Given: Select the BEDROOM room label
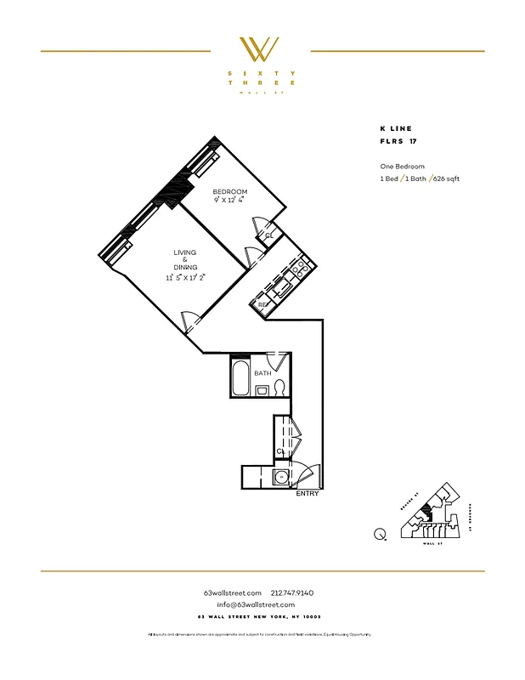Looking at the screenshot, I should [x=230, y=192].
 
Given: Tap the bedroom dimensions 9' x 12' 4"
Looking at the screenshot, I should [x=230, y=201].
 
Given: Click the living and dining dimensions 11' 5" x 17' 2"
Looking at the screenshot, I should [x=185, y=277].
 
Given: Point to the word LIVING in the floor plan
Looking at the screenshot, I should [x=185, y=252].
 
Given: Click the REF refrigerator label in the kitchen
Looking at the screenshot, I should [x=263, y=304].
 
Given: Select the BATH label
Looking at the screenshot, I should [x=262, y=372].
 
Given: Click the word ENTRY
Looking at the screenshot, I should [x=307, y=494].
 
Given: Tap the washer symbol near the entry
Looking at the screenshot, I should [x=280, y=478].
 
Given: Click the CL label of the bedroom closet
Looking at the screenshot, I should [x=268, y=235].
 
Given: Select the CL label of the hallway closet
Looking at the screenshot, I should [x=279, y=451].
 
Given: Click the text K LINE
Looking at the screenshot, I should [x=397, y=128].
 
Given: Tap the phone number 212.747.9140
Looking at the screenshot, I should [x=292, y=592].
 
